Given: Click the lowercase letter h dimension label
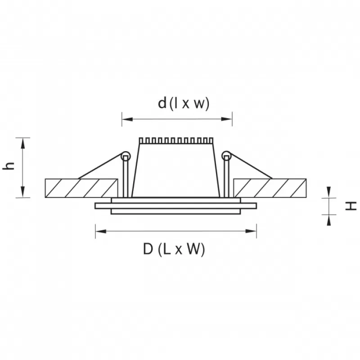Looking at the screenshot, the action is (9, 166).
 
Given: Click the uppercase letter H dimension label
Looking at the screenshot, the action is (351, 206).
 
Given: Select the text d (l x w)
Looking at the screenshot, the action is (184, 104).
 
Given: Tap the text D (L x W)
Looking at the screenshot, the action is (174, 249).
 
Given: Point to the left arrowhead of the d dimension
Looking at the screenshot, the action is (127, 119).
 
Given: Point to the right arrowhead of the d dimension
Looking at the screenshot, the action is (227, 119).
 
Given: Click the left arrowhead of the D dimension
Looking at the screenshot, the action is (101, 231).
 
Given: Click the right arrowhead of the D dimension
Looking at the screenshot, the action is (251, 231).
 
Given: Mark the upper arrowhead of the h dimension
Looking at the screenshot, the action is (23, 144).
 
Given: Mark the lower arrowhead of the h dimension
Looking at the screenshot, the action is (23, 192).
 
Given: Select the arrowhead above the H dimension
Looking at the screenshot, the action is (329, 192).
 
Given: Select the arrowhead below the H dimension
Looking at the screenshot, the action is (329, 220).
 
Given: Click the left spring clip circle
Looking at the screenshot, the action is (126, 156).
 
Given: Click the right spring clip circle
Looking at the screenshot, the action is (226, 156).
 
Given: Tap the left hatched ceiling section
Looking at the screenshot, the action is (81, 188).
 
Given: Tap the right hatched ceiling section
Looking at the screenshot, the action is (270, 188).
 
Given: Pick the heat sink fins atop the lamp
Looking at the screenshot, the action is (176, 141).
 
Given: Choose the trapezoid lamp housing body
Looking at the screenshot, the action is (176, 171).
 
